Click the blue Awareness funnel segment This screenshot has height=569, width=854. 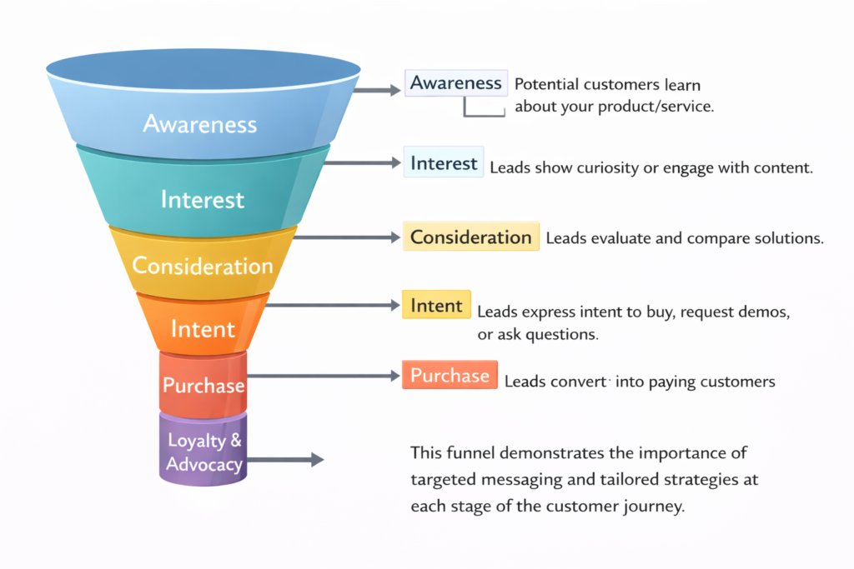point(200,123)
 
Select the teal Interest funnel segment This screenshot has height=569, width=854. point(202,199)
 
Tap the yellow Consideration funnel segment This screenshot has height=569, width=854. point(202,266)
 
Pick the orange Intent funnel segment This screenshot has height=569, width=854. point(203,328)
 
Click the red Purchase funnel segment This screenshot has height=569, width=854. point(203,385)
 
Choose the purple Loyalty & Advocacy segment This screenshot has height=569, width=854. point(203,452)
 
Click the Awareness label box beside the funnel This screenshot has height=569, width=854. point(455,83)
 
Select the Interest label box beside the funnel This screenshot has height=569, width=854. point(444,162)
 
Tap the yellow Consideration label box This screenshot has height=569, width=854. point(470,237)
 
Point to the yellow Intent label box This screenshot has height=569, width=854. point(436,306)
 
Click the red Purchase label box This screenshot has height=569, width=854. point(450,376)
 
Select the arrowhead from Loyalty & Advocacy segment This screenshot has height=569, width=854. point(316,459)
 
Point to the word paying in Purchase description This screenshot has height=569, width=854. point(682,382)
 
